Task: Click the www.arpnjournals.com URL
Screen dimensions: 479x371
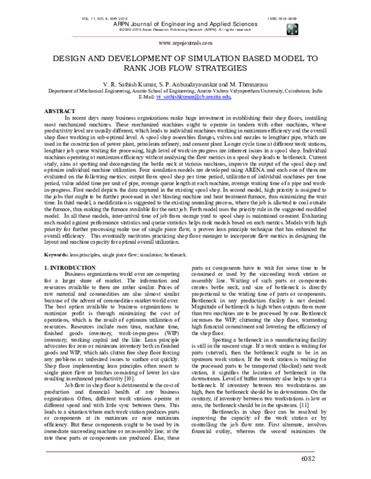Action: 185,43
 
